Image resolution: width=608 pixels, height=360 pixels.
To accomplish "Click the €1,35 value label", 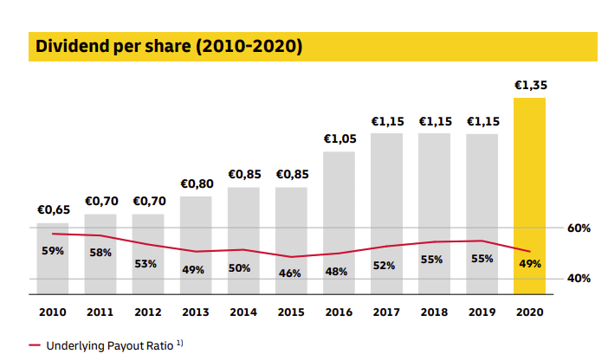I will pos(530,86).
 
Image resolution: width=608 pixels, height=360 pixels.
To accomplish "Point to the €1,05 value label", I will pos(340,138).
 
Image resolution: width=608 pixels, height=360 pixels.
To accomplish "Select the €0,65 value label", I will pos(53,209).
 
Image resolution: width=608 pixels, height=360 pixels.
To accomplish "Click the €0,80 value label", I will pos(196,183).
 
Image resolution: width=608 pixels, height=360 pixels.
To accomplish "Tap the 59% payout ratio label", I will pos(53,251).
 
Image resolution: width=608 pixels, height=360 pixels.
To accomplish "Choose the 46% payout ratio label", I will pos(290,273).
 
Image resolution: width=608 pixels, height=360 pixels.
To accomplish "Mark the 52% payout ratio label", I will pos(385,266).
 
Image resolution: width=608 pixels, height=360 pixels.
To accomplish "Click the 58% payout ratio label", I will pos(100,252).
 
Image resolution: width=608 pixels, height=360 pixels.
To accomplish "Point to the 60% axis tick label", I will pos(579,228).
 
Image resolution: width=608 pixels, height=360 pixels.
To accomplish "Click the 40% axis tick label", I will pos(579,279).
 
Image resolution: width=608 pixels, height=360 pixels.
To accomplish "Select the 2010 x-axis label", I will pos(53,312).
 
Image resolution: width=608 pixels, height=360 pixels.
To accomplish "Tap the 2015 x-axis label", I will pos(291,312).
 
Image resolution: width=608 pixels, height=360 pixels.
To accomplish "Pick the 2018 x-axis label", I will pos(434,312).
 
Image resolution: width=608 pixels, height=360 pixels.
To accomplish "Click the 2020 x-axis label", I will pos(529,312).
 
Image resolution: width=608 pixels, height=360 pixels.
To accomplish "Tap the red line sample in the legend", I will pos(35,345).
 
